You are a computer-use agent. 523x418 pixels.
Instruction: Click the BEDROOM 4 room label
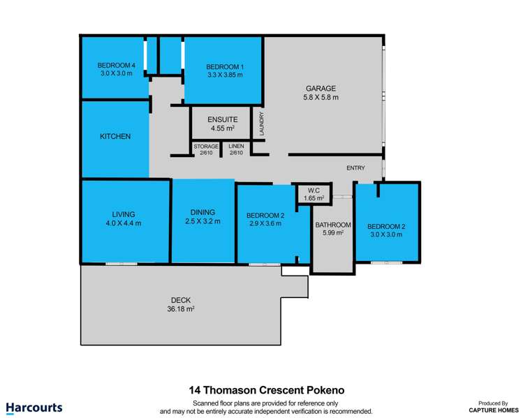[x=112, y=65]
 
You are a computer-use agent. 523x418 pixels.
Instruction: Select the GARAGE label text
[x=321, y=89]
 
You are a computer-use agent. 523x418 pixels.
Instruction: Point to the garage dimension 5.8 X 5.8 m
[x=321, y=98]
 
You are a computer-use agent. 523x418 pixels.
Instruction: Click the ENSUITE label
[x=222, y=119]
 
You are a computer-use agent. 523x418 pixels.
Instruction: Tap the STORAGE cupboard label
[x=206, y=147]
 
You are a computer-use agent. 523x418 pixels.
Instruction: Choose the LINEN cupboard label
[x=236, y=147]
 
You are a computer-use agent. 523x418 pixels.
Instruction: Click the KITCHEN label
[x=115, y=137]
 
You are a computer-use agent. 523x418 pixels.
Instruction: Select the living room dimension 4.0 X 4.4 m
[x=123, y=223]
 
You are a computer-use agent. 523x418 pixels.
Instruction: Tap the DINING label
[x=202, y=212]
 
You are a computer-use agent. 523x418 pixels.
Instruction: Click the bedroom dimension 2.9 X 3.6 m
[x=265, y=224]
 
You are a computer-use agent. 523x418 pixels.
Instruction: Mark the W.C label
[x=314, y=190]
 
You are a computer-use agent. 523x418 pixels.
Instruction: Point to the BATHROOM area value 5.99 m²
[x=332, y=233]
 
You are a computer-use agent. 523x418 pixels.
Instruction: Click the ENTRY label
[x=355, y=168]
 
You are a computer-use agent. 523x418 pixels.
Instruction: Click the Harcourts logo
[x=34, y=407]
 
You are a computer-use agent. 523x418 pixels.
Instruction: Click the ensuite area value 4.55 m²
[x=222, y=128]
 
